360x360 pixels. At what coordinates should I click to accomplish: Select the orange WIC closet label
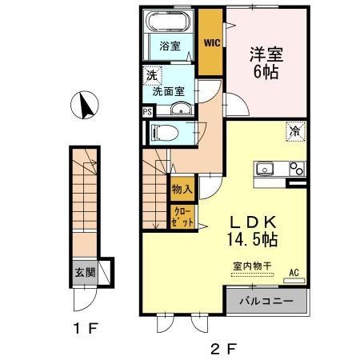[x=211, y=42]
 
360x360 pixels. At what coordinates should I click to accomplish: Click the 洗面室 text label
[x=170, y=91]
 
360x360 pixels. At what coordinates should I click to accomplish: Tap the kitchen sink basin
[x=266, y=169]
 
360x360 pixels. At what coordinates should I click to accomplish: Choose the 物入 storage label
[x=182, y=190]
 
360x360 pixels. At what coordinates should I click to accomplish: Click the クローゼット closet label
[x=182, y=217]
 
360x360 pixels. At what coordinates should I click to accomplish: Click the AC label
[x=294, y=272]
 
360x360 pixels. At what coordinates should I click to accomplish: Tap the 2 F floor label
[x=224, y=348]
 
